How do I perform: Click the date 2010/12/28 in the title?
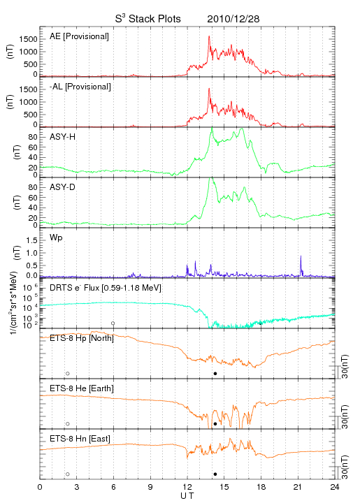pos(233,19)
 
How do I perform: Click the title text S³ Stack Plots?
pos(148,19)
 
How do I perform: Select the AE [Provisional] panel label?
pos(79,36)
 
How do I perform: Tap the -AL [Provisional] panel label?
pos(80,87)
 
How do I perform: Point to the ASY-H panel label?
pos(63,137)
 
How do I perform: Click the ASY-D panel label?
pos(63,187)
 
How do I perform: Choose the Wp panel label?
pos(56,238)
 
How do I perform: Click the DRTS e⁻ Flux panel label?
pos(106,288)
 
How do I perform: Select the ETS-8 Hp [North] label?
pos(82,338)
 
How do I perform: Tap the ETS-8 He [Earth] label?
pos(82,388)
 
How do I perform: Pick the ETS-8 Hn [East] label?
pos(80,439)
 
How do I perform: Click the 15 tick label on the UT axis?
pos(224,487)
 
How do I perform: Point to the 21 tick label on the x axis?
pos(298,487)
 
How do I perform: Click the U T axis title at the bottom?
pos(187,496)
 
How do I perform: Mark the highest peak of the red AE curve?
pos(209,36)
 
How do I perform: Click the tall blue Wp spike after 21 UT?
pos(301,256)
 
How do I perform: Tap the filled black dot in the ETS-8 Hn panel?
pos(215,474)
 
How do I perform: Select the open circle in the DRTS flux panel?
pos(113,323)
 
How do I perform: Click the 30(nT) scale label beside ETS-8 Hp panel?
pos(345,366)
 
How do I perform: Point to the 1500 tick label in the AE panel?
pos(29,39)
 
